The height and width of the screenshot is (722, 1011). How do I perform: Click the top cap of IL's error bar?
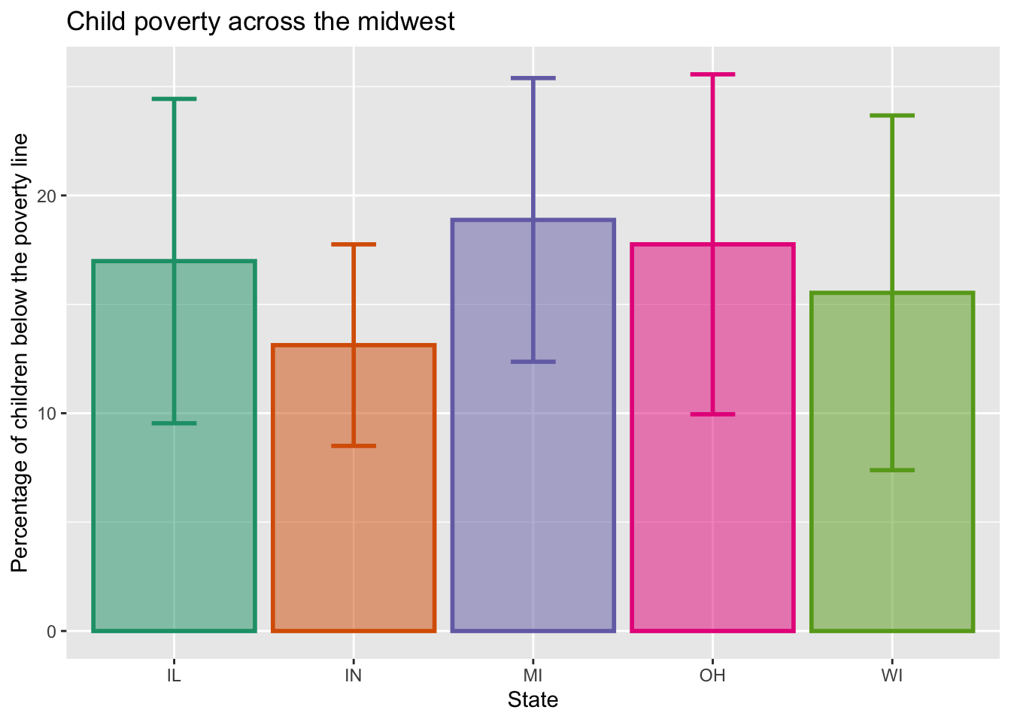pos(174,99)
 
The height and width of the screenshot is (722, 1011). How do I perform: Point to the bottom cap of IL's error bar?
pos(174,423)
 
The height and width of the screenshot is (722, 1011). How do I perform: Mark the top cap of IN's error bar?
pos(354,244)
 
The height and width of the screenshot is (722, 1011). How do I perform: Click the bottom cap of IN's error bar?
pos(354,446)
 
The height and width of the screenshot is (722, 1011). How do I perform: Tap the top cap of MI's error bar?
pos(533,78)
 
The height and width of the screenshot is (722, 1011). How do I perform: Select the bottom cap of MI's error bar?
pos(533,362)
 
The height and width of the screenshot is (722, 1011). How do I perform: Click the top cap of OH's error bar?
pos(712,74)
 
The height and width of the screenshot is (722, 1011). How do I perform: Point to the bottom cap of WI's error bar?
pos(892,470)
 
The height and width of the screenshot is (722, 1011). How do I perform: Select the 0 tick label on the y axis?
pos(51,631)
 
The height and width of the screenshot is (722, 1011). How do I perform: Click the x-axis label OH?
pos(712,675)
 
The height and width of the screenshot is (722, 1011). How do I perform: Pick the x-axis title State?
pos(533,700)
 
